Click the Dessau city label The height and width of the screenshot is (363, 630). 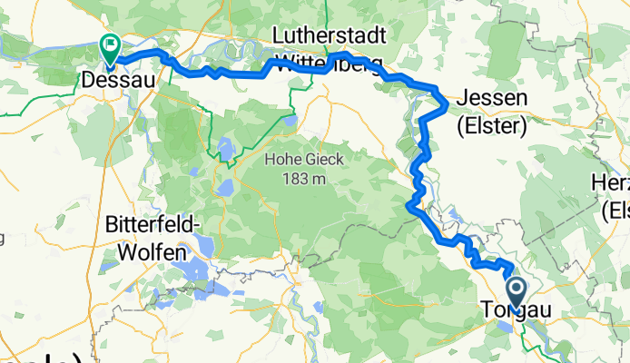(x=117, y=79)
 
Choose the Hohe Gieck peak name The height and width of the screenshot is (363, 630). (x=295, y=160)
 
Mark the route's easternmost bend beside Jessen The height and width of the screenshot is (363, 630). (x=447, y=106)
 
